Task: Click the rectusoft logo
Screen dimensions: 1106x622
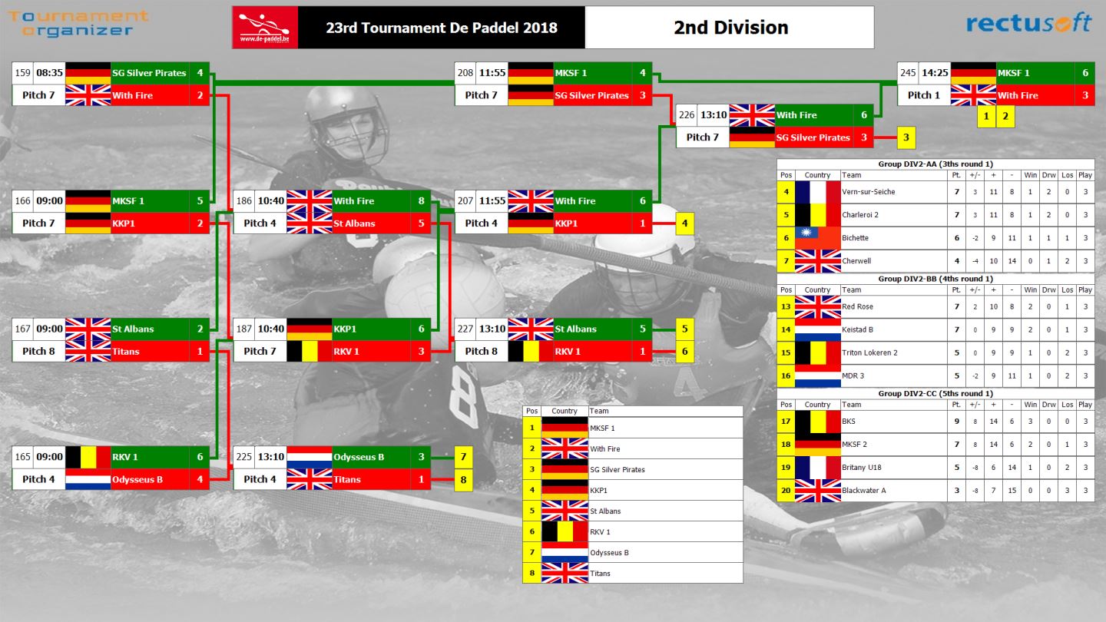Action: tap(1028, 23)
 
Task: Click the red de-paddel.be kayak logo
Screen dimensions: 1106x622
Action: tap(265, 28)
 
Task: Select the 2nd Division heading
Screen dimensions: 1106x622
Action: tap(730, 28)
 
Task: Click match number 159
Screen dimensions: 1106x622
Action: tap(23, 73)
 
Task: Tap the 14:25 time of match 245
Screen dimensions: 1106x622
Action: tap(935, 73)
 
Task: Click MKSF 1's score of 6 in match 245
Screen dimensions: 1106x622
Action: tap(1085, 73)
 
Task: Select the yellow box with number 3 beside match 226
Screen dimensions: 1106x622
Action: tap(906, 137)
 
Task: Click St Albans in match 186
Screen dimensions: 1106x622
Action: tap(354, 223)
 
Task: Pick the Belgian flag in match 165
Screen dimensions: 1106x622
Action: tap(88, 457)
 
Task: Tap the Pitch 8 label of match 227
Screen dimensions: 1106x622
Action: tap(481, 351)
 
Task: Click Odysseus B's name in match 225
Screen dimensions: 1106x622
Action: tap(359, 457)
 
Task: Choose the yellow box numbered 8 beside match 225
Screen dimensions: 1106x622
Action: tap(463, 480)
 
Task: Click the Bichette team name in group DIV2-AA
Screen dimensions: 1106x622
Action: tap(855, 238)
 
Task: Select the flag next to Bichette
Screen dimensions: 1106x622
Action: tap(818, 238)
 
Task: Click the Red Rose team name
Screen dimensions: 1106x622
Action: tap(857, 306)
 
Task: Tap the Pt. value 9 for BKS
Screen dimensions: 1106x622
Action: tap(956, 422)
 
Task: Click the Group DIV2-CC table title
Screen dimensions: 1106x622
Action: tap(935, 393)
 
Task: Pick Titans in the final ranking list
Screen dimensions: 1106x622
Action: tap(600, 574)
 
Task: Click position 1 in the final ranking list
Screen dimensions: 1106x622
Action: tap(531, 428)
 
